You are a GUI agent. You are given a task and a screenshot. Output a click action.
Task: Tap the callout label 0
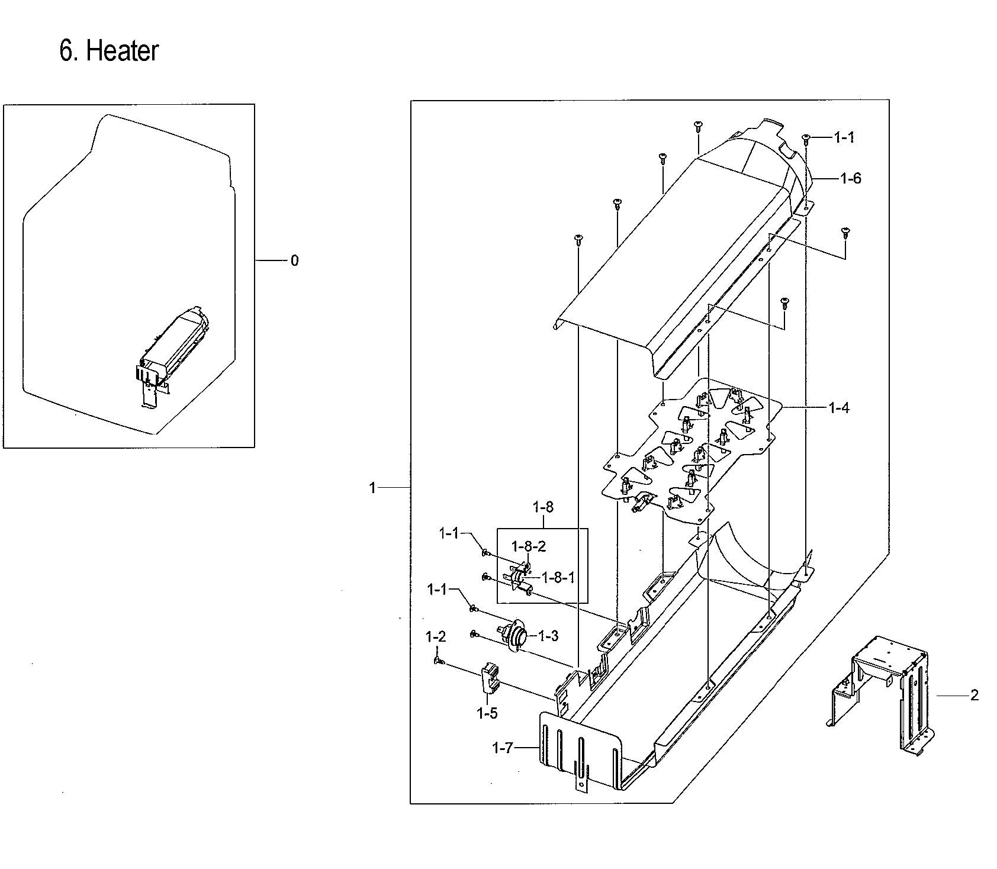(294, 260)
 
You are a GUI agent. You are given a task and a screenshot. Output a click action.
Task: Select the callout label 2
(975, 695)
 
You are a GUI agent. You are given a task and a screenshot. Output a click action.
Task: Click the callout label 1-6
(851, 178)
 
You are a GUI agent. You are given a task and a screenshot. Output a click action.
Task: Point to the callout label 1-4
(839, 408)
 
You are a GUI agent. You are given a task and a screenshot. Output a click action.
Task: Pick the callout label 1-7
(502, 748)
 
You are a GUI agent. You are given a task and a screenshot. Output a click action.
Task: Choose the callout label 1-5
(487, 713)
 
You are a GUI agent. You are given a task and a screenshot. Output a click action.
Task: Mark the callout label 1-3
(548, 636)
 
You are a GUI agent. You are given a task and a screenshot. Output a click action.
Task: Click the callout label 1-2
(436, 637)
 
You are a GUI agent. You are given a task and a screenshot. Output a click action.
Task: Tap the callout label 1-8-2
(529, 545)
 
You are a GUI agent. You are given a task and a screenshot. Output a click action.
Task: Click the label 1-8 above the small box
(543, 507)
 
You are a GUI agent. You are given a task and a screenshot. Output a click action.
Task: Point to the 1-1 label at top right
(844, 137)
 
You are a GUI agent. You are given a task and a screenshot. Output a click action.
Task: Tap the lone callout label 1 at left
(372, 488)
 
